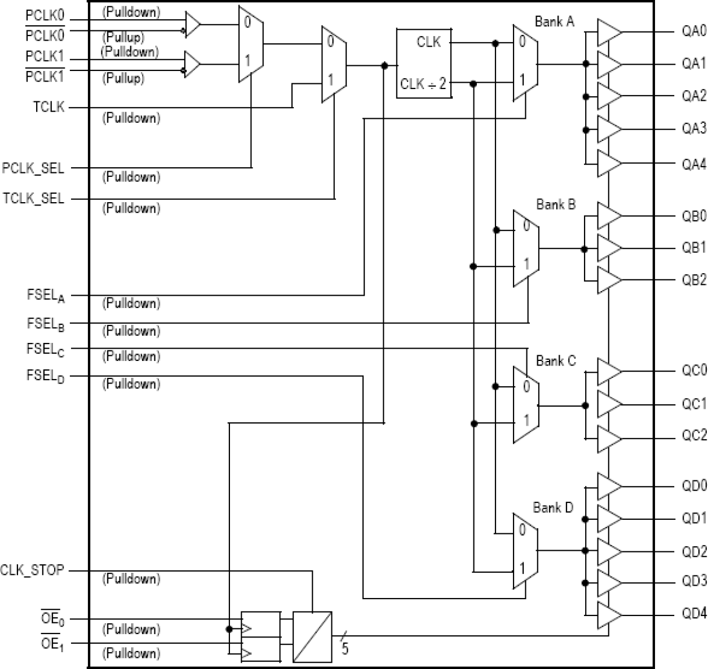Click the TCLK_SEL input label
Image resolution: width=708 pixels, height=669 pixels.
[x=33, y=199]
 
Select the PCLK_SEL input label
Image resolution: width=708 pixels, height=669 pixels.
[x=33, y=168]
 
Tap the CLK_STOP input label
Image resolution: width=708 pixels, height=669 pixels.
[x=33, y=570]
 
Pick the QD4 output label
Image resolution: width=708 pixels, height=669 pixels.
[x=693, y=613]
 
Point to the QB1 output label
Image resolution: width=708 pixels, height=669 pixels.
[x=693, y=248]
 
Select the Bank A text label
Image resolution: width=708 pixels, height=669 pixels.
[x=555, y=22]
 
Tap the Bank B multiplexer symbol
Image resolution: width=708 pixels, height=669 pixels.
[x=526, y=248]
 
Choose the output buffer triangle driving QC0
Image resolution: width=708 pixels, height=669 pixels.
[x=609, y=372]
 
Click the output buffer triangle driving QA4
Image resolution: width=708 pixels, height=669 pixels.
[x=609, y=163]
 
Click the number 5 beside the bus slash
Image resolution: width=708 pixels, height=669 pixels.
[x=344, y=649]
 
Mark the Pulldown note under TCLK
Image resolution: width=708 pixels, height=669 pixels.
[x=131, y=118]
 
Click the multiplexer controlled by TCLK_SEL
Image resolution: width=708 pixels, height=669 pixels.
[x=334, y=64]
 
